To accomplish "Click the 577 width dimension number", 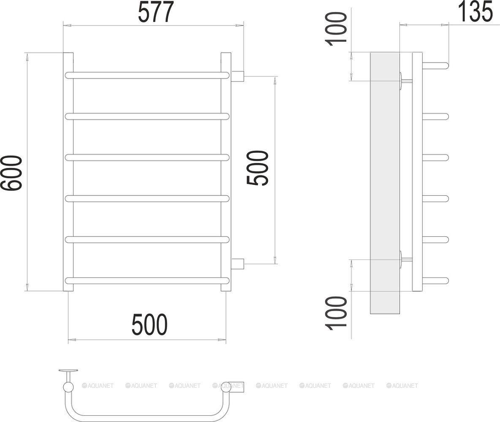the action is pos(156,12).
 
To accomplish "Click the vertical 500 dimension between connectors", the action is pos(257,168).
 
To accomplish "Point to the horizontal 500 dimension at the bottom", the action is pos(149,325).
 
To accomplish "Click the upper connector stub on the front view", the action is pos(237,76).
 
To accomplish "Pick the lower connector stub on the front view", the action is pos(237,264).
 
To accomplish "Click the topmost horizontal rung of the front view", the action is pos(147,76).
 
